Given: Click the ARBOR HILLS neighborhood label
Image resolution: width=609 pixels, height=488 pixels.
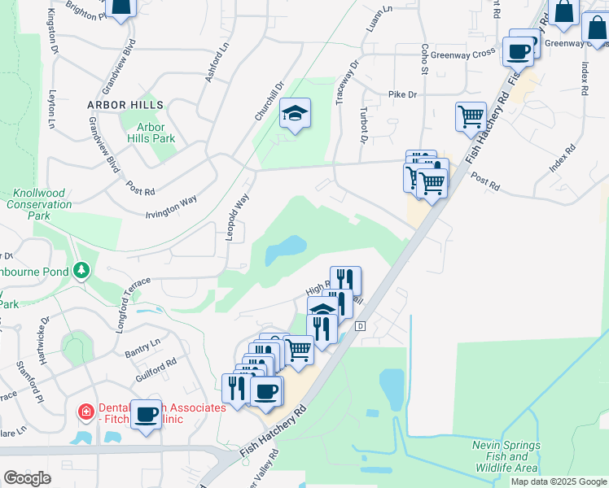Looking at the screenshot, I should pos(126,105).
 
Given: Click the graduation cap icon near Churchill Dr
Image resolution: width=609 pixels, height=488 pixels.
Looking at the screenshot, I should pos(295,115).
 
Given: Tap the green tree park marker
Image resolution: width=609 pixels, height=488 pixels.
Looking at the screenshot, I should pos(81,270).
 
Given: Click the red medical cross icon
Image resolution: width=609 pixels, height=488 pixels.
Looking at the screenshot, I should pos(85,413).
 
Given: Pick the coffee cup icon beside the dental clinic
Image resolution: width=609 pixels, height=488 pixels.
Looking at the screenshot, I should pos(146,414).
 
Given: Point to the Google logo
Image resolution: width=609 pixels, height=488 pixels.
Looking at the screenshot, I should pos(27,478).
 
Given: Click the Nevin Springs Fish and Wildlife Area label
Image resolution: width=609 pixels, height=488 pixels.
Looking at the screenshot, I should pos(506,456).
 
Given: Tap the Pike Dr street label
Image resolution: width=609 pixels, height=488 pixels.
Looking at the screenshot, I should pos(402,95).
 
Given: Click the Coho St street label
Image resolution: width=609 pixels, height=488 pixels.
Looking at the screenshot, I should pos(424,62).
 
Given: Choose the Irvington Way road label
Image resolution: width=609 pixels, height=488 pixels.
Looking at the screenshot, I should pos(172,203).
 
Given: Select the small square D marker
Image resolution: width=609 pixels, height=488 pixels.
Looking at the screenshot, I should pos(360,325).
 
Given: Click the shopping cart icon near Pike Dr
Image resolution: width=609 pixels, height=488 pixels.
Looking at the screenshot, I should pos(471,118).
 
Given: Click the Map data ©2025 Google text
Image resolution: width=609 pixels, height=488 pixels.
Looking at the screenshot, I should pos(558,481).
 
